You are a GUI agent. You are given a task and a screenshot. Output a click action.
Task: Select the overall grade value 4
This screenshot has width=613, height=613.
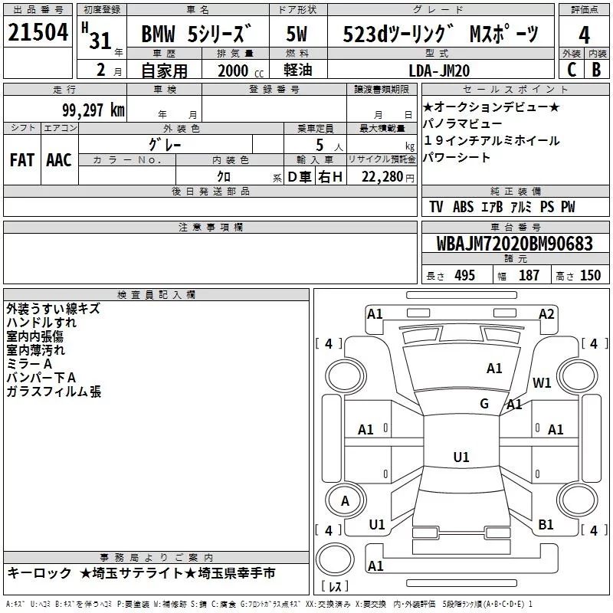(585, 35)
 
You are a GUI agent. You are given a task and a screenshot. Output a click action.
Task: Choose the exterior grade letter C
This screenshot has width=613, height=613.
(570, 70)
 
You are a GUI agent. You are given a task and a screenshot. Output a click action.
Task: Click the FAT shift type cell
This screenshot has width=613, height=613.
(21, 160)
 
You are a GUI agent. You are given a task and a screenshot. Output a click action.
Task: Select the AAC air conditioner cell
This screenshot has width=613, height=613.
(59, 160)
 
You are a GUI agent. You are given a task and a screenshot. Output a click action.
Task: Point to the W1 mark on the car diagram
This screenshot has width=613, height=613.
(543, 382)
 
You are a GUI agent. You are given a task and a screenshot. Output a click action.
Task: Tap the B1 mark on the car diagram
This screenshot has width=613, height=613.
(546, 524)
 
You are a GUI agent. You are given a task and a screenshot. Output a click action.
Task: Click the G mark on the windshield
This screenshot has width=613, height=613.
(484, 404)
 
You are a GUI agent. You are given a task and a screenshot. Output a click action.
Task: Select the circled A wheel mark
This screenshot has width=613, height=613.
(346, 500)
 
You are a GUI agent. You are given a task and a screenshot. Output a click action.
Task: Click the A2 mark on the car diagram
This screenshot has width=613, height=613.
(546, 313)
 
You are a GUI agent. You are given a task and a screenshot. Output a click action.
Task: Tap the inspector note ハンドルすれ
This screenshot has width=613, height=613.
(36, 323)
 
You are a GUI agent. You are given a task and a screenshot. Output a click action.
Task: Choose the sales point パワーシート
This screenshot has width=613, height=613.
(457, 158)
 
